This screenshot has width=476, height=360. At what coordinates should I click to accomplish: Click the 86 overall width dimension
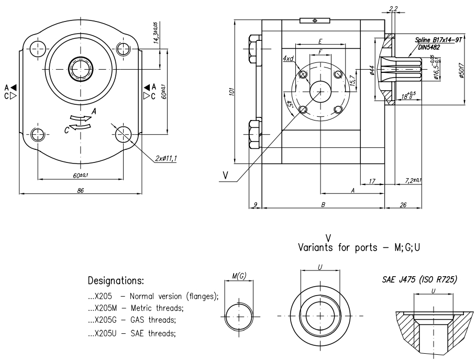pyautogui.click(x=81, y=191)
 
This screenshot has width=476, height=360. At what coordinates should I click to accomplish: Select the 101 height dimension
pyautogui.click(x=231, y=92)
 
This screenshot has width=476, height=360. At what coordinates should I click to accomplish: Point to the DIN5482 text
pyautogui.click(x=428, y=47)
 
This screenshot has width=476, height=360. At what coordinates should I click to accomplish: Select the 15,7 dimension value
pyautogui.click(x=352, y=80)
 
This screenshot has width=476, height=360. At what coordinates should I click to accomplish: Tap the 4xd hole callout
pyautogui.click(x=287, y=59)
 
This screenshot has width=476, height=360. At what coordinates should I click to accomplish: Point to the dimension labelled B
pyautogui.click(x=323, y=205)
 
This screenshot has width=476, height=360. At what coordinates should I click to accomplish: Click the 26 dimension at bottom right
pyautogui.click(x=403, y=205)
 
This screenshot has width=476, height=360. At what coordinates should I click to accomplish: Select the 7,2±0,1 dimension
pyautogui.click(x=413, y=181)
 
